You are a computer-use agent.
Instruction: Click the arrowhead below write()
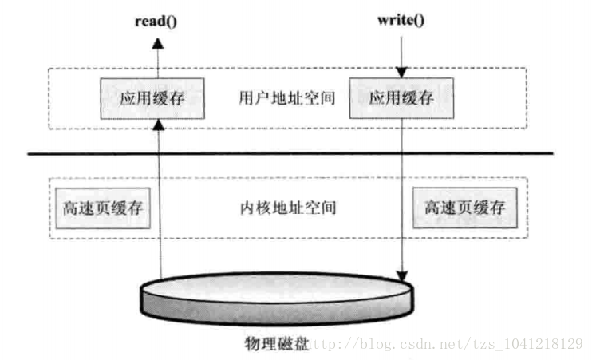click(x=401, y=74)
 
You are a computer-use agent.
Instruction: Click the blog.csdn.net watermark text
click(x=447, y=344)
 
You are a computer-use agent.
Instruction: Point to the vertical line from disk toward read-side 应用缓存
click(x=159, y=208)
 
